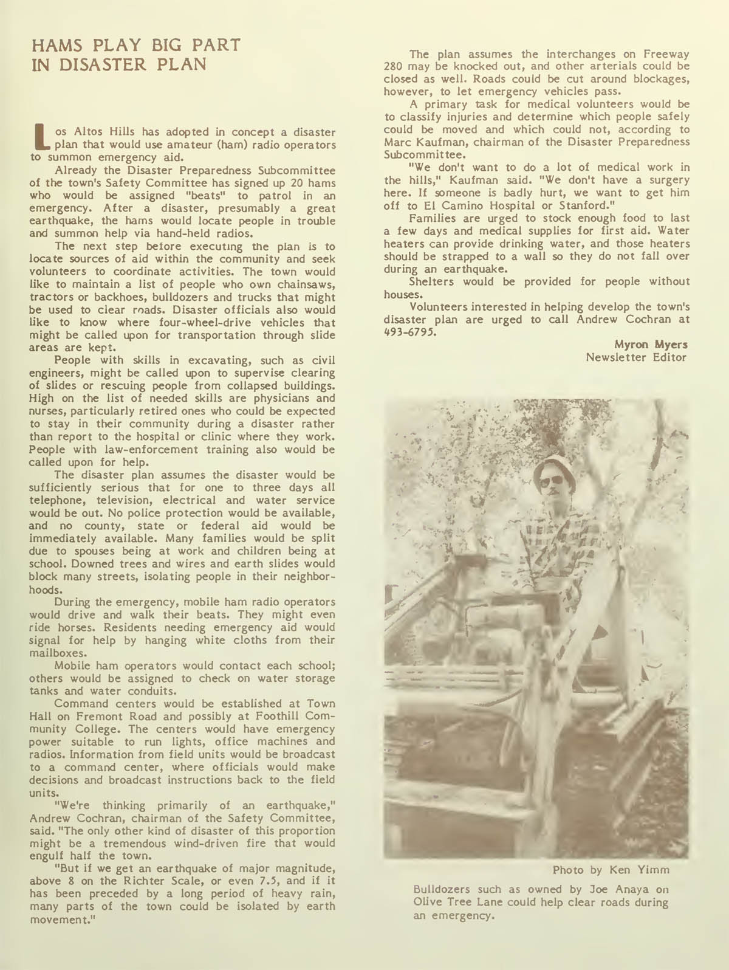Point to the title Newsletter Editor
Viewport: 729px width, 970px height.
pyautogui.click(x=636, y=357)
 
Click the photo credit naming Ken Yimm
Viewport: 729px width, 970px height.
pyautogui.click(x=611, y=870)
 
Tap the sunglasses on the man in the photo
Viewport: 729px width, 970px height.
pyautogui.click(x=552, y=482)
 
